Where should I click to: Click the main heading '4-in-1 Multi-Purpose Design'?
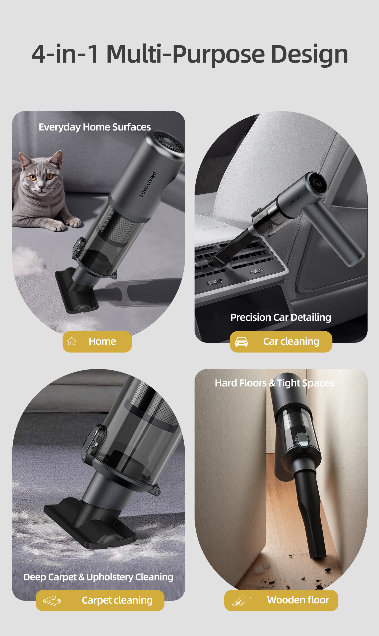[190, 54]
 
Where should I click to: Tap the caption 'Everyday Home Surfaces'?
[95, 127]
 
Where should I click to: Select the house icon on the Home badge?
[72, 341]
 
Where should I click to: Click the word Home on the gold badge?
[102, 341]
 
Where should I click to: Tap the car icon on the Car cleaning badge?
[241, 342]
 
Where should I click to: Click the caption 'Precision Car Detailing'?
[281, 317]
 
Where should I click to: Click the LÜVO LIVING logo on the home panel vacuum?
[148, 184]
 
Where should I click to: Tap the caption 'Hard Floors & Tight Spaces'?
[274, 383]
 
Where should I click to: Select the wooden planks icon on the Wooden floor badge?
[241, 600]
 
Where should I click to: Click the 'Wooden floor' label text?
[298, 600]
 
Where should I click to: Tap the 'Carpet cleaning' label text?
[117, 600]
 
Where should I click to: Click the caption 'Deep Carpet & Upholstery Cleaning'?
[98, 577]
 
